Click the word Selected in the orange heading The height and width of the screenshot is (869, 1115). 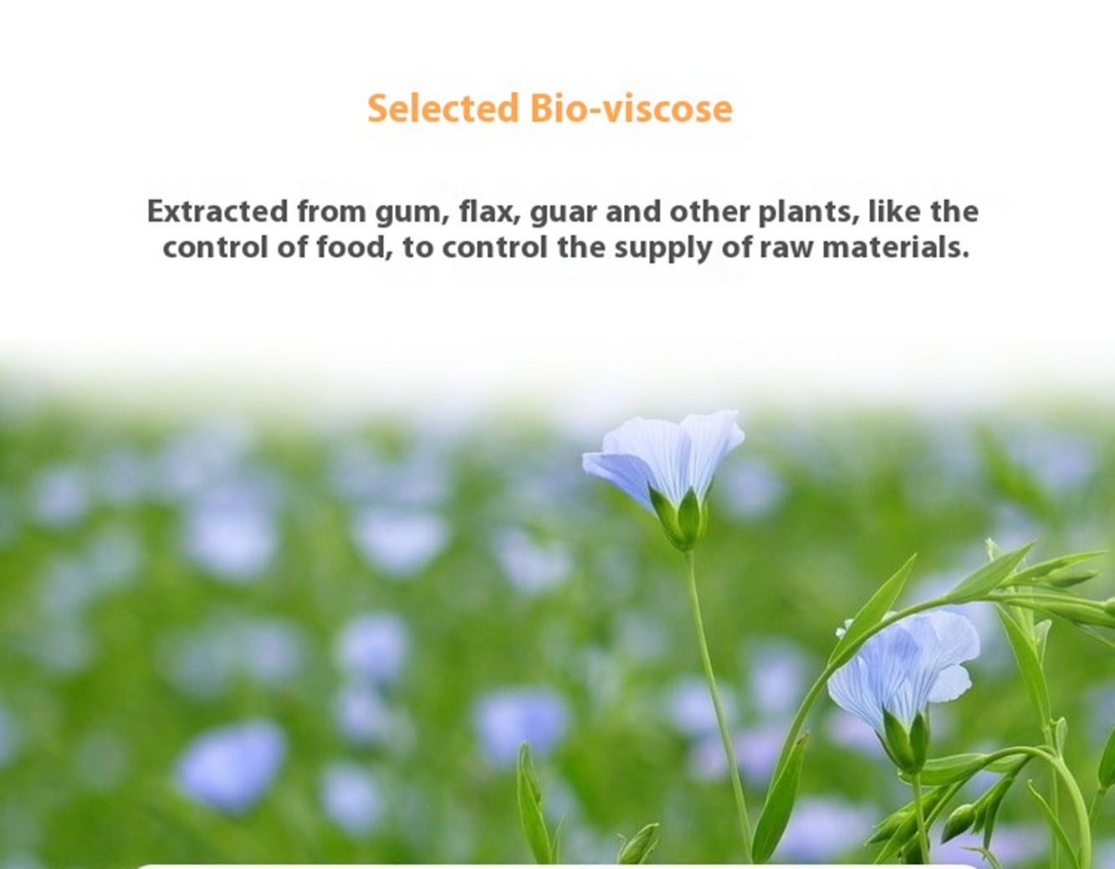[x=443, y=108]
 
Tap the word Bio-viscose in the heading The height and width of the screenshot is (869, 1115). [x=632, y=108]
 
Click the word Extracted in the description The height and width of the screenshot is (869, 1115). [x=217, y=211]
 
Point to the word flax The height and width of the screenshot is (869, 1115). [x=490, y=212]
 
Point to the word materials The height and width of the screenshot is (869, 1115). [x=895, y=247]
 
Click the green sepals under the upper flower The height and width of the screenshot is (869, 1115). [x=680, y=519]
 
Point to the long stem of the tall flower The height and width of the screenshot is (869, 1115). [x=719, y=703]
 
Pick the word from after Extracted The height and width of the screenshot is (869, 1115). [x=331, y=211]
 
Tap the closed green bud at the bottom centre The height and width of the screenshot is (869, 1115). [x=638, y=845]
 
